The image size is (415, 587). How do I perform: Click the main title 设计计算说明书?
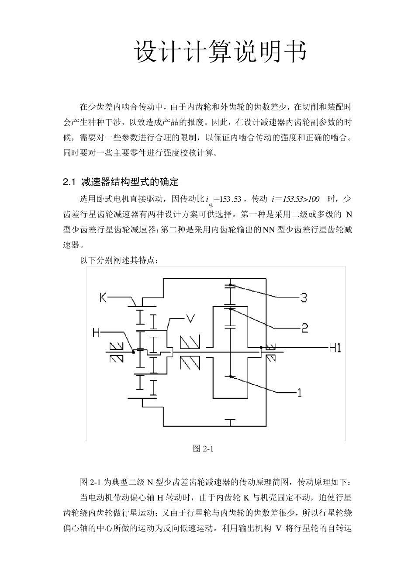click(x=221, y=52)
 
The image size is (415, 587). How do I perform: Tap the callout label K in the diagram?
click(x=103, y=297)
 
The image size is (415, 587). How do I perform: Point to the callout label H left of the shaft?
click(x=97, y=333)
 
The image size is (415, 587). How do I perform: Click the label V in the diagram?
click(x=190, y=318)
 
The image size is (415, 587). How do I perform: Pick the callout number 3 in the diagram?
click(x=303, y=298)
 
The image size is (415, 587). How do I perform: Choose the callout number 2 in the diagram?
click(x=304, y=328)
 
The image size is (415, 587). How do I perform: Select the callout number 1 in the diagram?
click(x=300, y=393)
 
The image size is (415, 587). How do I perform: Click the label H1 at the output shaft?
click(x=335, y=348)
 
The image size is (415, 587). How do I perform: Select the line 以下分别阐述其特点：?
click(x=122, y=260)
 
